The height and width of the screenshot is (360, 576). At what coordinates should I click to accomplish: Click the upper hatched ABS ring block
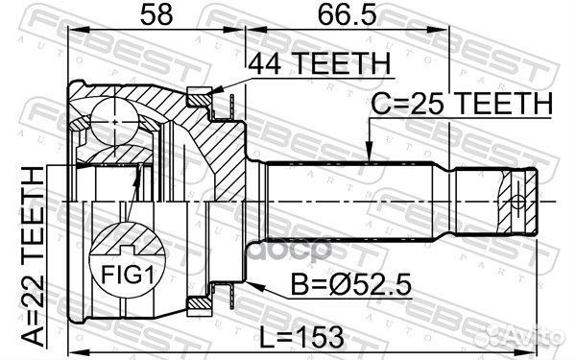tap(200, 97)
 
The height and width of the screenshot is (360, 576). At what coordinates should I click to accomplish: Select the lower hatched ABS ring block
tap(200, 304)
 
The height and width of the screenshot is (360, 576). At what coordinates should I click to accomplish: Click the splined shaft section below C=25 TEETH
tap(355, 201)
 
